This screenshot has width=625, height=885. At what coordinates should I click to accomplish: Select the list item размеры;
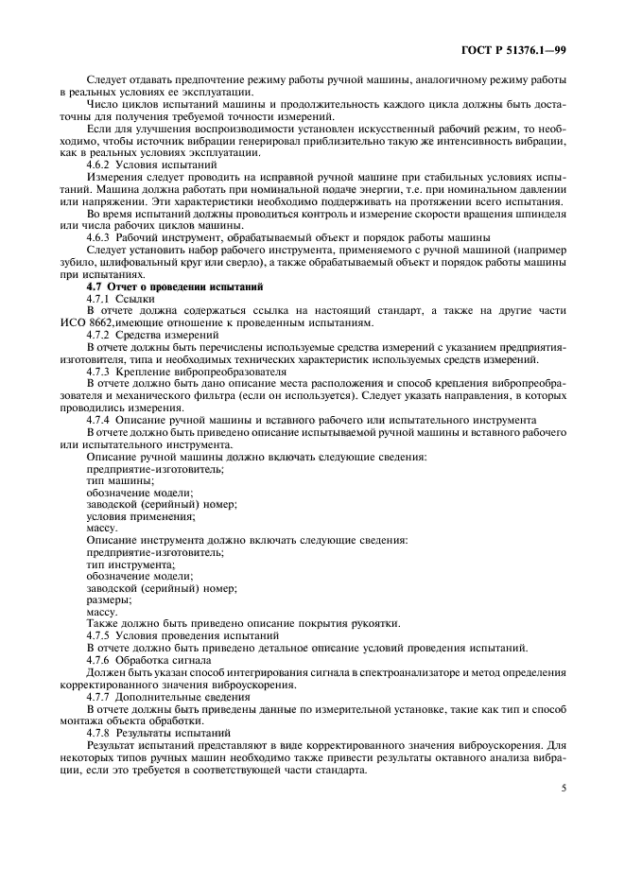click(x=109, y=600)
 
